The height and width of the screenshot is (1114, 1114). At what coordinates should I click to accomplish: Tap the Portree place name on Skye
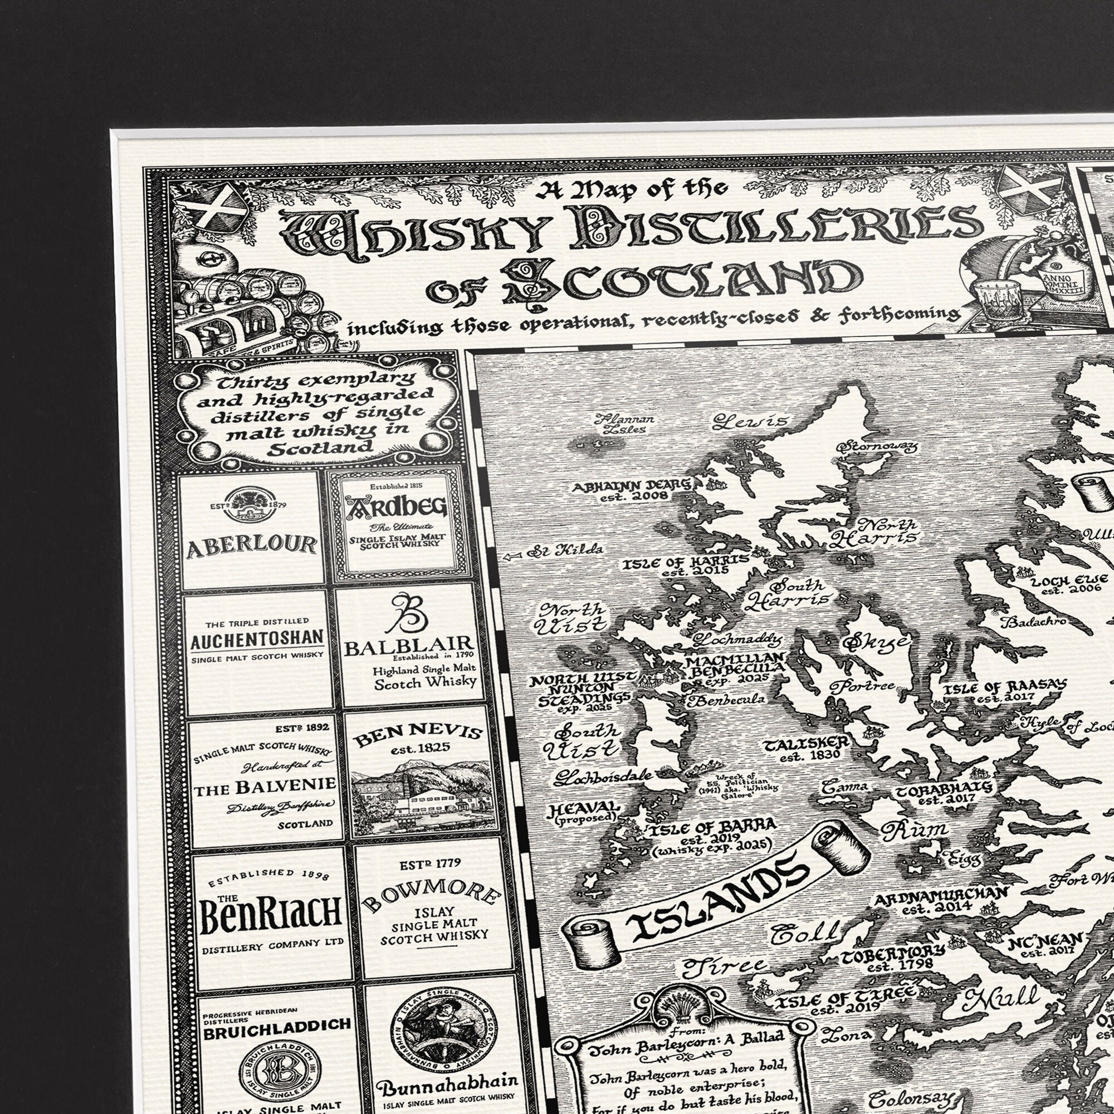(862, 686)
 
